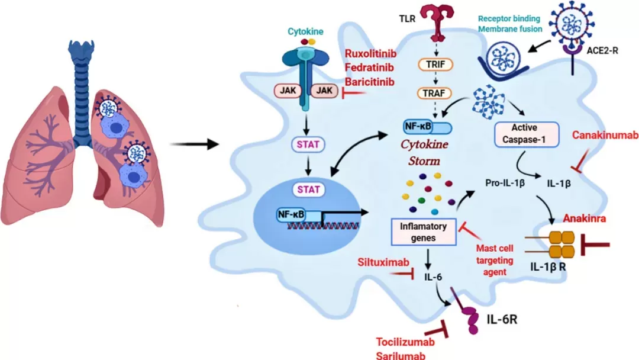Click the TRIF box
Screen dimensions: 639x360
[435, 65]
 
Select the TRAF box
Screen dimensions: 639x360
[434, 94]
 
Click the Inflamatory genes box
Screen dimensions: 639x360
[424, 232]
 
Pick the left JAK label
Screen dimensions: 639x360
[288, 91]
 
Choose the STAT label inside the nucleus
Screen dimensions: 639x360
[308, 189]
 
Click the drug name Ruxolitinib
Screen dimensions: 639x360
[370, 53]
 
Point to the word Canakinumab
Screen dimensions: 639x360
[605, 135]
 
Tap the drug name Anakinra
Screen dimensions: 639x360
[585, 218]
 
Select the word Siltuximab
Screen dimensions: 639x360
[383, 262]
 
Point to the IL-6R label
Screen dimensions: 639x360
[502, 319]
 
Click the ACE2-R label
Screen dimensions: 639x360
[602, 50]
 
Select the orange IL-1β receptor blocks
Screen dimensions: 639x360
[561, 245]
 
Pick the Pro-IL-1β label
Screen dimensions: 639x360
[505, 183]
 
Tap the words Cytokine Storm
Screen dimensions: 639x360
[424, 153]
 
